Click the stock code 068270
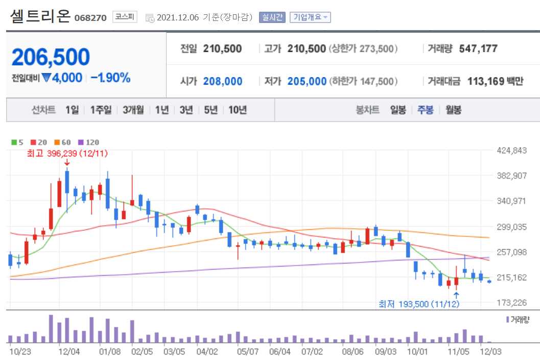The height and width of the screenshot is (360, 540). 90,18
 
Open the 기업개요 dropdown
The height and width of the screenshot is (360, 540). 310,17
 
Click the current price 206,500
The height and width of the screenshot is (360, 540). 51,57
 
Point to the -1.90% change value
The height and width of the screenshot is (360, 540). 110,78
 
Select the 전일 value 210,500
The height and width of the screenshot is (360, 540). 222,49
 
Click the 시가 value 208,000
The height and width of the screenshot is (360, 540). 222,81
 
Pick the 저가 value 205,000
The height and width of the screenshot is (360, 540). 307,81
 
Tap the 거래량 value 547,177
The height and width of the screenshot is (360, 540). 478,49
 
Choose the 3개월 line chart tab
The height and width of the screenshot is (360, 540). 133,110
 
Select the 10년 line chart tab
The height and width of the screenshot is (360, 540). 238,110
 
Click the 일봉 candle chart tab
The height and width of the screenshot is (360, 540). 398,110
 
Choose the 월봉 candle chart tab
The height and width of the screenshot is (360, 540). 453,110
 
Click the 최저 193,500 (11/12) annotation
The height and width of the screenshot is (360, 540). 419,304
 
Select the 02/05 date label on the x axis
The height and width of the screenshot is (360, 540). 142,351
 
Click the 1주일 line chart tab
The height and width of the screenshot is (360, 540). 101,110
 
